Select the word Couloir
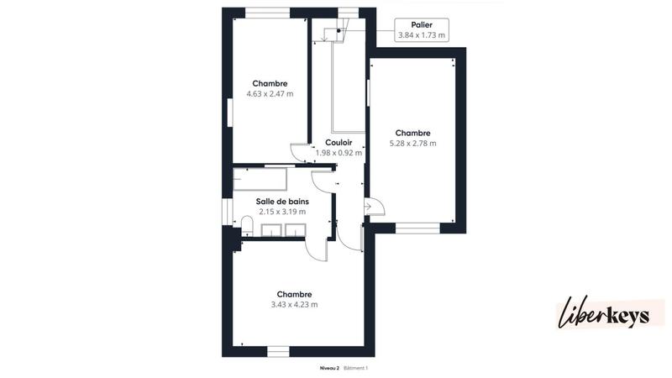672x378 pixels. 339,143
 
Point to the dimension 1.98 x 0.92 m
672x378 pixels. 339,153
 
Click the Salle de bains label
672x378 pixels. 282,202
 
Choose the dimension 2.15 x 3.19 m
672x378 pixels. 282,212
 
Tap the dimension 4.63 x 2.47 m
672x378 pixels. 270,94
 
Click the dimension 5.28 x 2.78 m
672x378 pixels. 412,143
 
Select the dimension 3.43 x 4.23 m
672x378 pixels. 294,304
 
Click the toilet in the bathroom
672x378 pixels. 246,225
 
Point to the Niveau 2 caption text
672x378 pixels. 328,368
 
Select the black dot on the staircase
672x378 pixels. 339,31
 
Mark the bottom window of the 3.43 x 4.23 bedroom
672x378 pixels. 278,351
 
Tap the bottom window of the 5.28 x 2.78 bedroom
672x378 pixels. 417,227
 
